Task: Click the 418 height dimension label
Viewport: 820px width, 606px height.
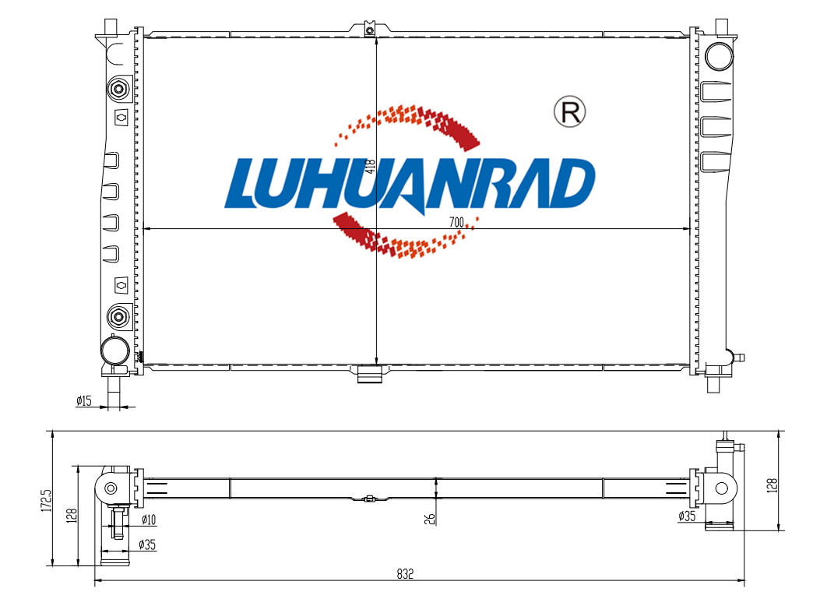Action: click(371, 166)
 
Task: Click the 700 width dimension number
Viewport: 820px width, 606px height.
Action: click(456, 222)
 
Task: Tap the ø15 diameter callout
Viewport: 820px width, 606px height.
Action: click(83, 401)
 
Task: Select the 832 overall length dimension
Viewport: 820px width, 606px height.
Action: click(405, 574)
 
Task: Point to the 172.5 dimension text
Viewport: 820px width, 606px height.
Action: click(47, 500)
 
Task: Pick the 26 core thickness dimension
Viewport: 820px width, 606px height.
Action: click(429, 519)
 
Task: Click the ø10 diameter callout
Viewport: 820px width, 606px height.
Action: click(149, 520)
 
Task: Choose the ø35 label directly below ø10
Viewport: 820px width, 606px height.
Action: click(147, 544)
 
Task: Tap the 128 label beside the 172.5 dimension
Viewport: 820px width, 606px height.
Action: click(72, 516)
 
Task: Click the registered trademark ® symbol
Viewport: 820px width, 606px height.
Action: click(569, 111)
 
